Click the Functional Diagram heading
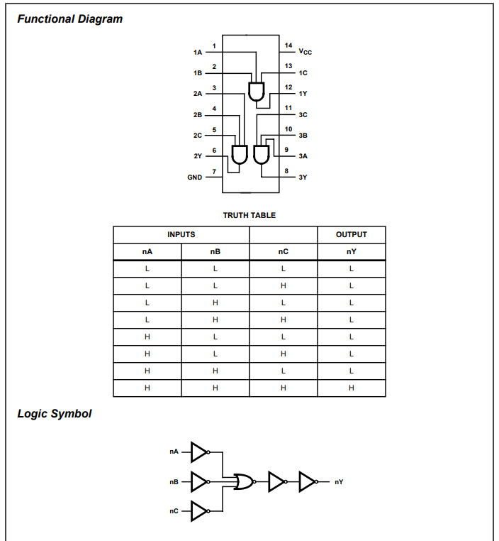point(69,19)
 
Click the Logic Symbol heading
point(54,413)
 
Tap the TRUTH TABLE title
point(249,215)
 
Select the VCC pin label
point(305,52)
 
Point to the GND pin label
point(194,177)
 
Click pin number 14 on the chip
point(288,45)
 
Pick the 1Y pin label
point(303,93)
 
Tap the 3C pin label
point(303,114)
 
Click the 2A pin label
point(197,93)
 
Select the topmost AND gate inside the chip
point(256,91)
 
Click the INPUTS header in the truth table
point(181,234)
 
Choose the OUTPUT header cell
point(352,234)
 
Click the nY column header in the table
point(352,251)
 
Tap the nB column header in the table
point(215,251)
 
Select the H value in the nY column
point(352,388)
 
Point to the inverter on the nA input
point(200,452)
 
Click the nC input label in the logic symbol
point(174,511)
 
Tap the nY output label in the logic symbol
point(340,482)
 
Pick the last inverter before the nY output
point(309,481)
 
